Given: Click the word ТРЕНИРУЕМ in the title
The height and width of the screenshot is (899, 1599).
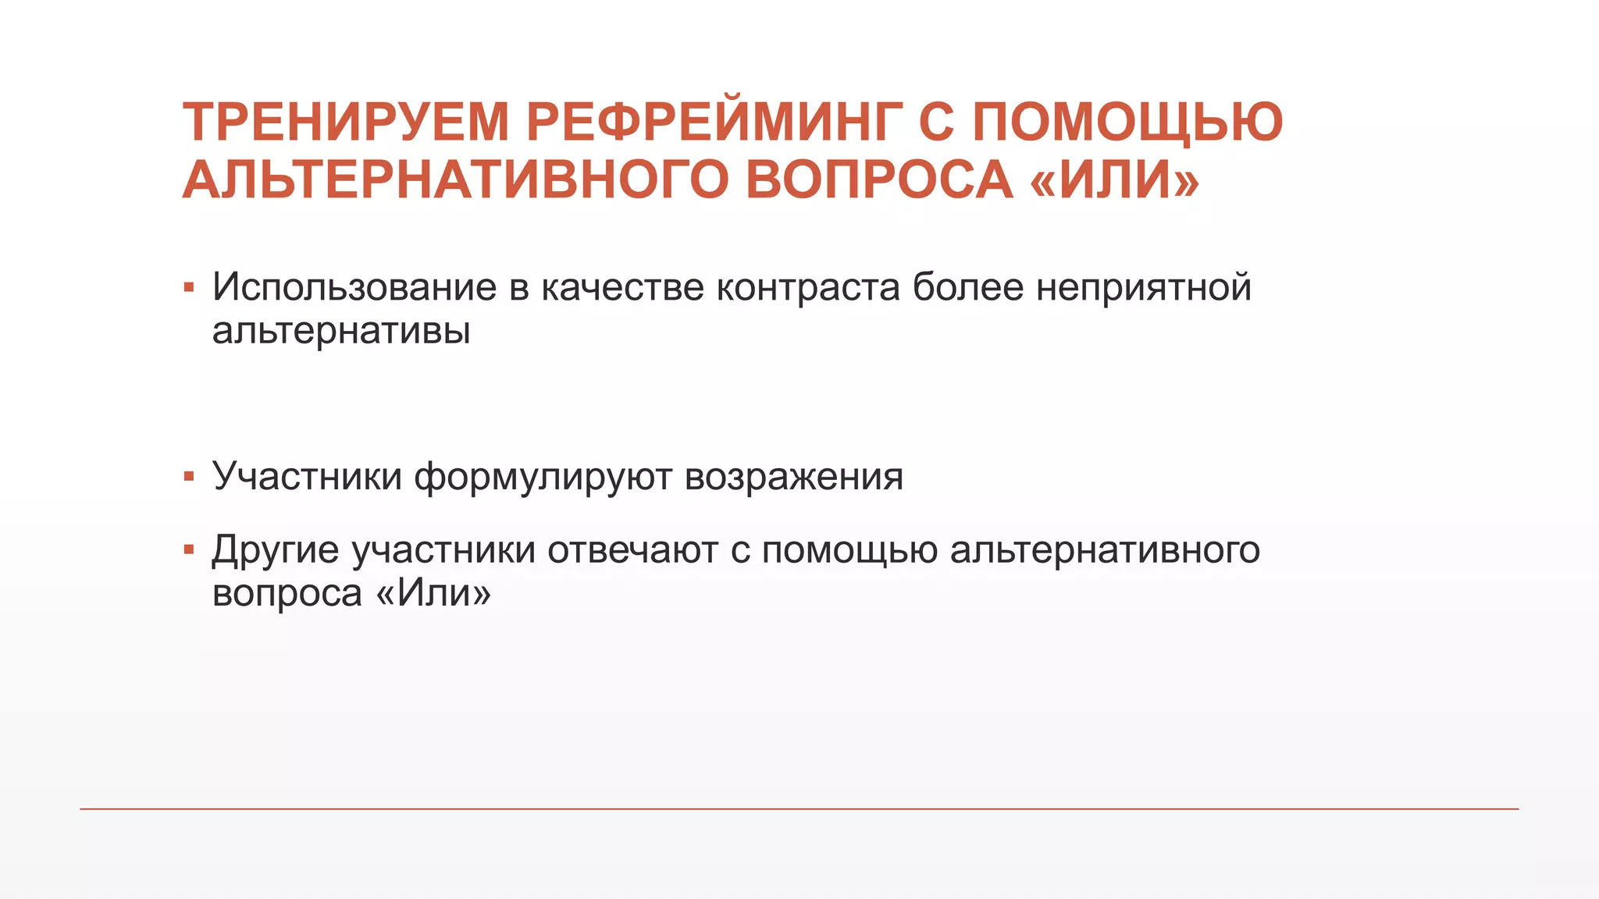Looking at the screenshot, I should tap(346, 123).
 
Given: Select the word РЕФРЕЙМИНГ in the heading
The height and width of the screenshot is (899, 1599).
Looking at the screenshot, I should tap(714, 123).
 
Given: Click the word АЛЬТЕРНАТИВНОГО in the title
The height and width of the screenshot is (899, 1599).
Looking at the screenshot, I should tap(456, 179).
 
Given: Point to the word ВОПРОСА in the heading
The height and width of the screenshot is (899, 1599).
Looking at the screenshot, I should tap(879, 179).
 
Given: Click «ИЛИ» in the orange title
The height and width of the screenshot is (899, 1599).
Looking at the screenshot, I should tap(1114, 179).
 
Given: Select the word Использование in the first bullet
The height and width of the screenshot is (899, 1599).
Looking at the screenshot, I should tap(354, 287).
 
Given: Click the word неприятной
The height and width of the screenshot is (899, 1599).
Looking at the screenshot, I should tap(1144, 287).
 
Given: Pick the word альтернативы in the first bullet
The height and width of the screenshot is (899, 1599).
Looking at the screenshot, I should tap(341, 331).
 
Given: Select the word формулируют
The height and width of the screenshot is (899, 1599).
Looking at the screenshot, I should tap(543, 478).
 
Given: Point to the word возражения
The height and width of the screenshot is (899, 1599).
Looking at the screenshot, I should tap(793, 478).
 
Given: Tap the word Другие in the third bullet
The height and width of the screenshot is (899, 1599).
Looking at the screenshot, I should tap(276, 551).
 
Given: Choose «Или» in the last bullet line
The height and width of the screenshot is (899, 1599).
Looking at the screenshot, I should tap(433, 593).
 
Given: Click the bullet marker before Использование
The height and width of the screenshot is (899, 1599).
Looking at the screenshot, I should tap(189, 288).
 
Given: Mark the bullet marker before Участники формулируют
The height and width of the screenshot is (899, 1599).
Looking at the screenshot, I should tap(189, 477).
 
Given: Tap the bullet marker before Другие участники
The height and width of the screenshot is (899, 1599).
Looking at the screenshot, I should tap(189, 550).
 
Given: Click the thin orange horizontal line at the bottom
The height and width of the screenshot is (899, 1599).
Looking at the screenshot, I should tap(799, 809).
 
